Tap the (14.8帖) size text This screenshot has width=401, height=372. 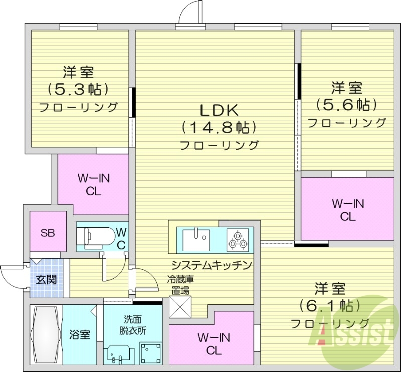(x=219, y=127)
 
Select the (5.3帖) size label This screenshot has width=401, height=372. (x=78, y=89)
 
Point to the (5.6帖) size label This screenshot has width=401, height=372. (x=346, y=105)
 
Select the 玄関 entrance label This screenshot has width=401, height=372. (x=46, y=279)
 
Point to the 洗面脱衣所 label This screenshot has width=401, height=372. (x=133, y=324)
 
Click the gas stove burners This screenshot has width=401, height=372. (x=238, y=240)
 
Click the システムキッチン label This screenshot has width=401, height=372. (x=211, y=265)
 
